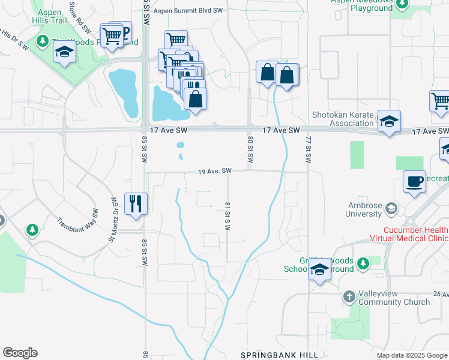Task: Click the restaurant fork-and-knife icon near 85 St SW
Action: point(135,203)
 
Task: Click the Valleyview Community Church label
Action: point(394,298)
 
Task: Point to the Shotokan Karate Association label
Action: point(343,119)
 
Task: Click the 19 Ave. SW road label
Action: point(215,172)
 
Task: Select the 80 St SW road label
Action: point(249,149)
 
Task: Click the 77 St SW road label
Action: point(308,149)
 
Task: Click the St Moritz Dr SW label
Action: point(112,212)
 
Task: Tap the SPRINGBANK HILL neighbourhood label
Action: point(279,355)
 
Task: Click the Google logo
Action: point(20,353)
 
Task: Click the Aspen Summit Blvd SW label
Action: point(187,11)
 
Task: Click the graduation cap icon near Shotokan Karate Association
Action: point(389,122)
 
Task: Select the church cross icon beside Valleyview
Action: point(349,297)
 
